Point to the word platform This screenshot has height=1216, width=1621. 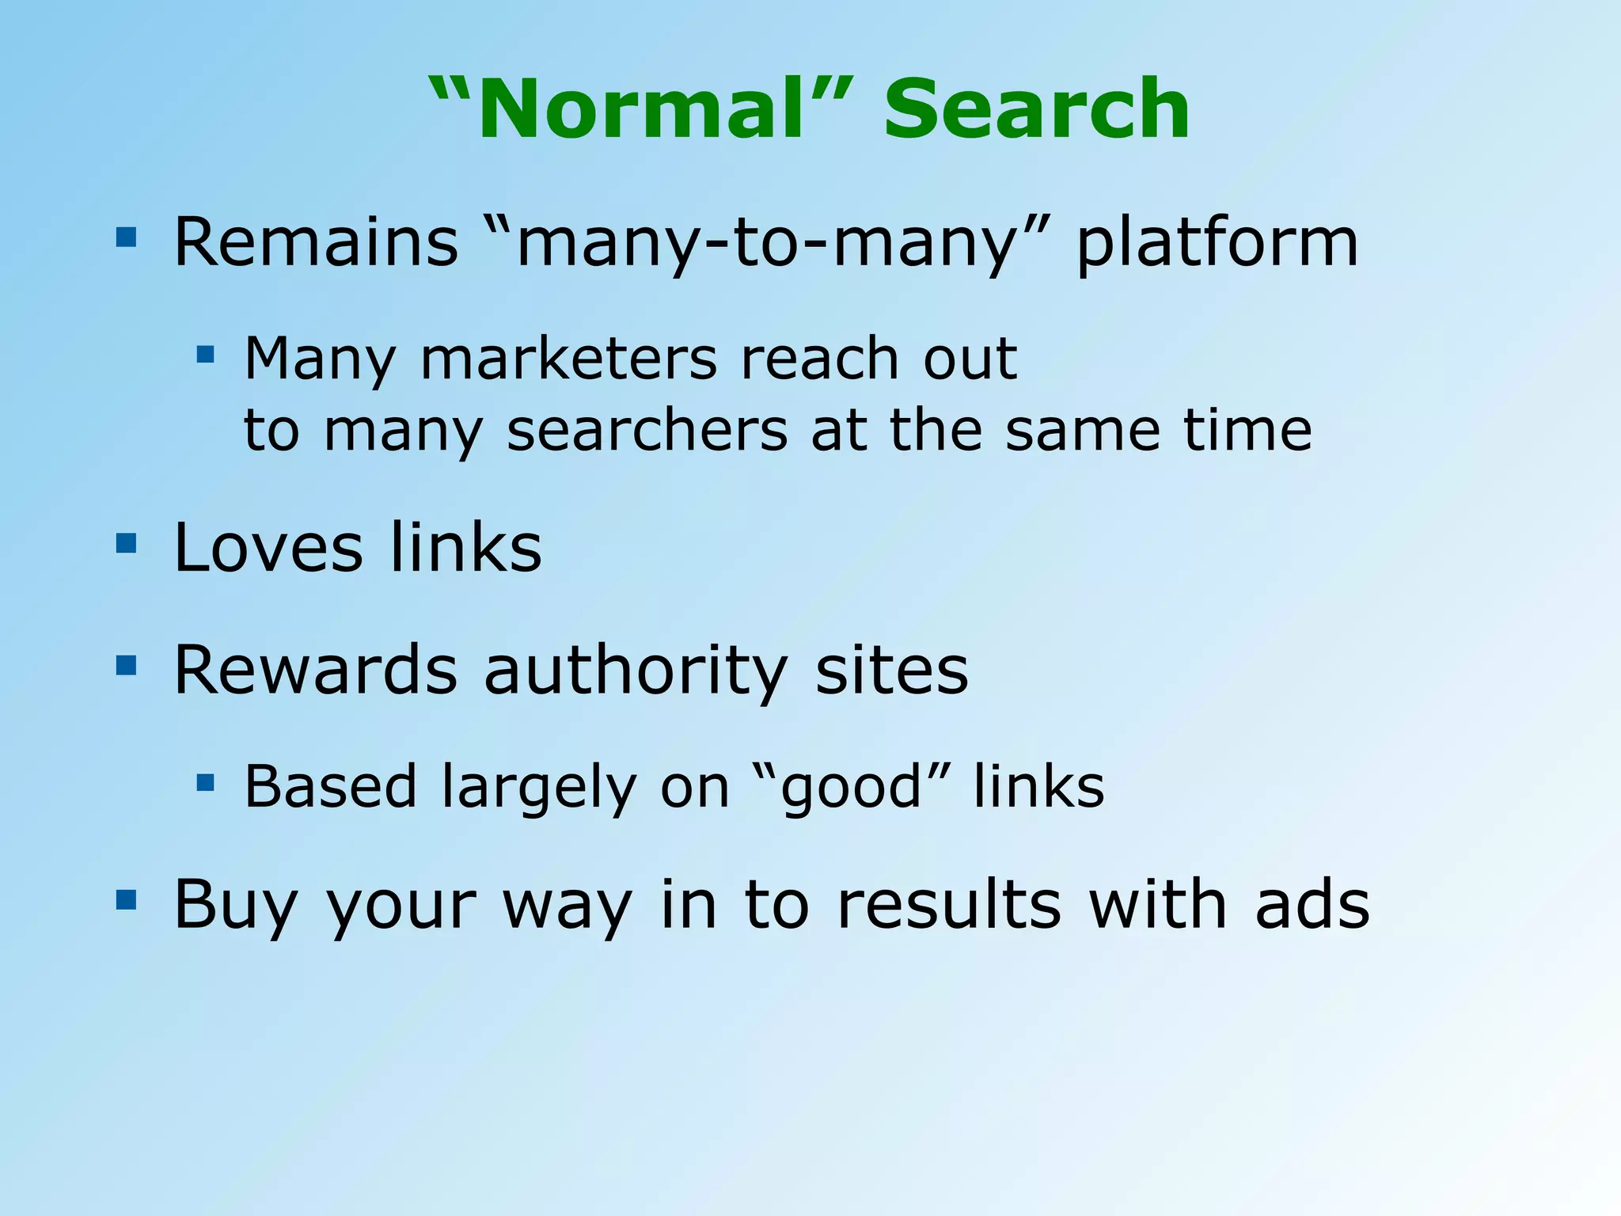click(x=1217, y=244)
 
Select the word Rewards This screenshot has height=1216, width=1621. click(x=316, y=670)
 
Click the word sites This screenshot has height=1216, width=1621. click(x=891, y=670)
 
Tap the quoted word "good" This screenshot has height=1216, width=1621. click(x=851, y=787)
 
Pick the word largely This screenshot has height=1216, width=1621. click(x=537, y=788)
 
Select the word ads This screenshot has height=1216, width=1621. click(x=1313, y=904)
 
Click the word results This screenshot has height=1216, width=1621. click(x=948, y=904)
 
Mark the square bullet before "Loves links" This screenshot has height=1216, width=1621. click(x=126, y=543)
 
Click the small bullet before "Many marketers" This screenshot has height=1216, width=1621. click(x=206, y=353)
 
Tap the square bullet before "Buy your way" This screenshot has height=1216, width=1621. click(x=126, y=900)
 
